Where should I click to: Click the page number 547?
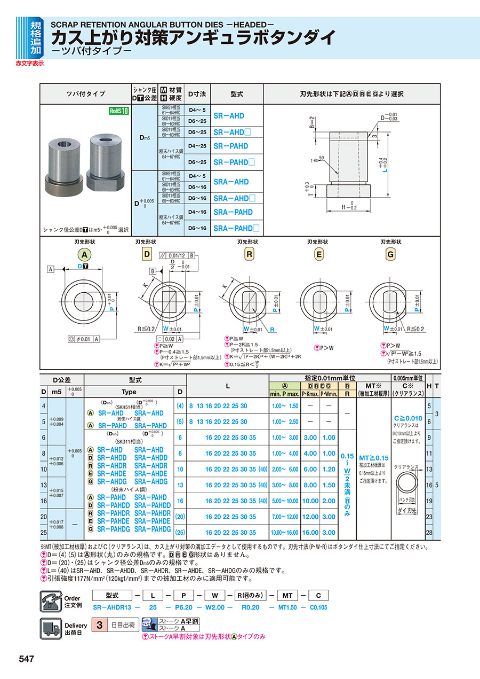tap(27, 659)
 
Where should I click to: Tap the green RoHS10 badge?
tap(119, 111)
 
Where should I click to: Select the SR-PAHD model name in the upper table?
tap(231, 146)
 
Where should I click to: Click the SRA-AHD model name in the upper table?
tap(231, 182)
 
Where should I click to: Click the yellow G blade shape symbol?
tap(390, 255)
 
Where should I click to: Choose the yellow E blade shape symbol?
tap(319, 255)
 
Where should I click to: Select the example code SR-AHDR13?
tap(113, 607)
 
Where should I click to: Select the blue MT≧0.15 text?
tap(374, 458)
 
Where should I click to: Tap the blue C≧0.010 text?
tap(407, 418)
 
